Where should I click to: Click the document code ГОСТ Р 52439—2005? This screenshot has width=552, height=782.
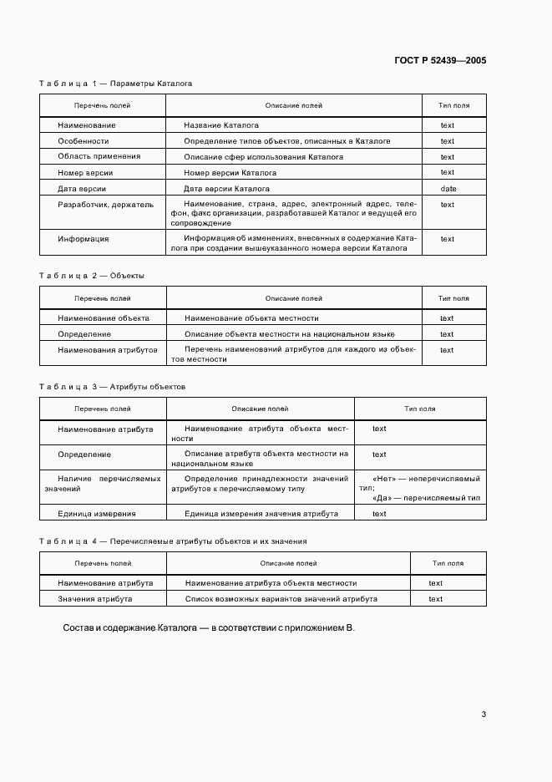point(439,61)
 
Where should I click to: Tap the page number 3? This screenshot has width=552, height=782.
point(484,714)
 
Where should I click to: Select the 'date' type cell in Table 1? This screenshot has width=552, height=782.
point(448,189)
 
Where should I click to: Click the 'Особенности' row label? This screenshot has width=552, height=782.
point(84,141)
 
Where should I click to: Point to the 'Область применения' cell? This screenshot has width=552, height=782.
point(99,156)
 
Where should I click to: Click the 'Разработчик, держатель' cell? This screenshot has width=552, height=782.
point(105,204)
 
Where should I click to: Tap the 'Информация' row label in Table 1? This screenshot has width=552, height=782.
point(84,239)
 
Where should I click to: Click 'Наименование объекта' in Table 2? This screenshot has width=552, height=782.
point(103,318)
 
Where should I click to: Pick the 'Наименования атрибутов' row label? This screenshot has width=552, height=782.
point(107,350)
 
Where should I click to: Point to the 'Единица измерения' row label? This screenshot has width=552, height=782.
point(96,514)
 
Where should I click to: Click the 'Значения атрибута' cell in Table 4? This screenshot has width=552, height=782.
point(94,599)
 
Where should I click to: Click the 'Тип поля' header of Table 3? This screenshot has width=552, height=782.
point(419,409)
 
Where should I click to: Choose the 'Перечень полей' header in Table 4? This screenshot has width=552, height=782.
point(103,564)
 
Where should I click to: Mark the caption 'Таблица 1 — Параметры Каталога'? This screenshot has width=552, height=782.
point(116,84)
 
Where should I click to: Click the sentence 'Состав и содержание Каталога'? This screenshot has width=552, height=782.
point(209,627)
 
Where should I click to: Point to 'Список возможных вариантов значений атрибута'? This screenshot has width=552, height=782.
point(281,599)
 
